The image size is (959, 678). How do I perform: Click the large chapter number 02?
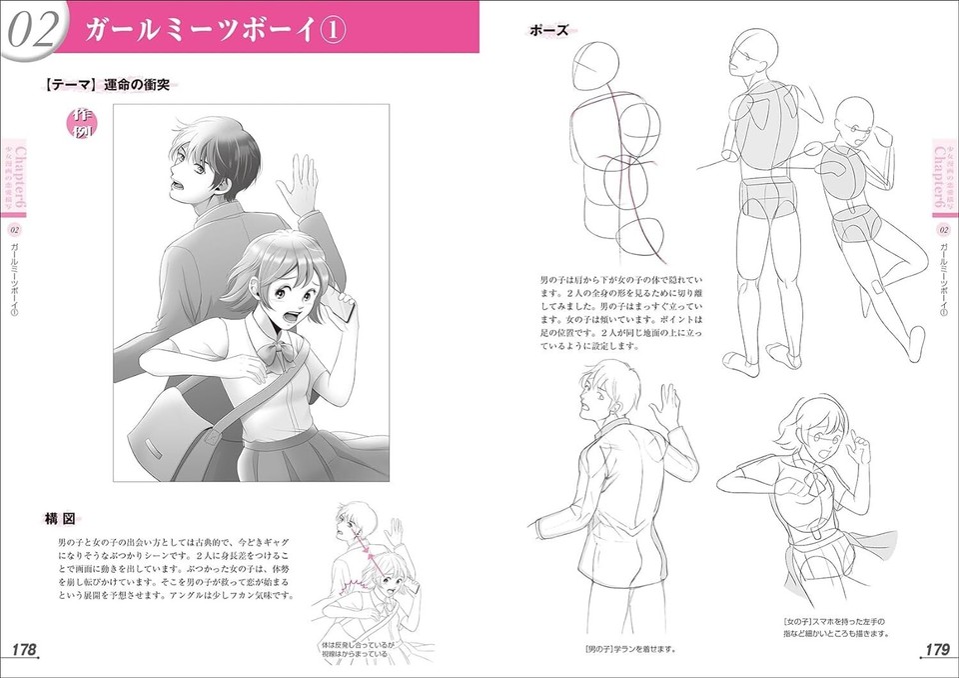(x=32, y=30)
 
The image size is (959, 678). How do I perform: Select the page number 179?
(x=936, y=650)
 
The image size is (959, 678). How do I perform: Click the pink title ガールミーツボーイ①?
(x=215, y=29)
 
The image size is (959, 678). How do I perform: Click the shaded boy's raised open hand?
(x=299, y=185)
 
